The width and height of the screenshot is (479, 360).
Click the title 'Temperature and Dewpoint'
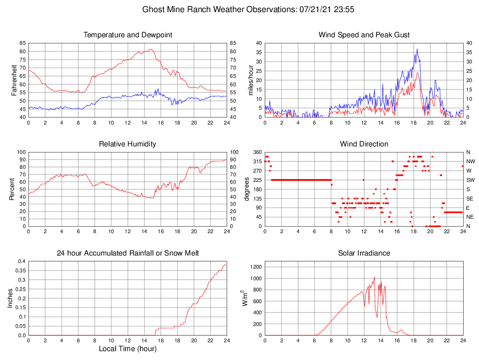click(127, 35)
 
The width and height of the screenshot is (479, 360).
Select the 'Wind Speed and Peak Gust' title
click(364, 35)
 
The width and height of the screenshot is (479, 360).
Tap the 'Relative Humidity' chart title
click(127, 144)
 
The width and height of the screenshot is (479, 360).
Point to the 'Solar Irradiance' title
click(364, 253)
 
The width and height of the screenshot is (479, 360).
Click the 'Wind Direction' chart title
click(364, 144)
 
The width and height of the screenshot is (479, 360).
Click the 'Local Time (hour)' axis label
click(127, 349)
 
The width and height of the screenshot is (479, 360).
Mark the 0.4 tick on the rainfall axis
click(21, 261)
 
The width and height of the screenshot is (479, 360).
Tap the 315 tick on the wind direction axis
click(257, 161)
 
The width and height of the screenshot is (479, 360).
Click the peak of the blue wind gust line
click(417, 49)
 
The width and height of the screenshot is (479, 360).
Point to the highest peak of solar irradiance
click(375, 277)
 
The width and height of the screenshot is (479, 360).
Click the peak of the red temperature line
click(150, 49)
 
